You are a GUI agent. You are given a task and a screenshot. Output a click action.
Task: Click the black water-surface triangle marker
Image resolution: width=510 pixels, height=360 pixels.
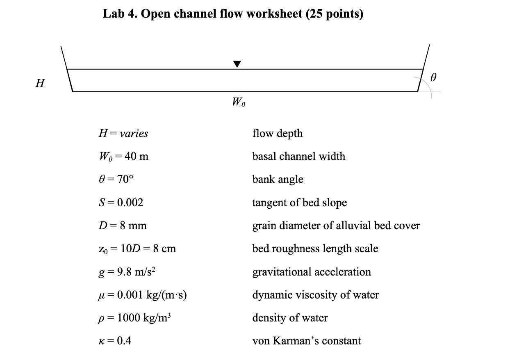point(237,64)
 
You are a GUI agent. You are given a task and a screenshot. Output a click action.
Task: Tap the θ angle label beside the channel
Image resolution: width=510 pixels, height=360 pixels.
point(434,77)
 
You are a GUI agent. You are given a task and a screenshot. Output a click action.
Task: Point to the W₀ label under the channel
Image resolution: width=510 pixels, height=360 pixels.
point(239,102)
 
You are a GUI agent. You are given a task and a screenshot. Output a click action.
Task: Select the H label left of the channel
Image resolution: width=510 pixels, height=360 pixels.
point(40,83)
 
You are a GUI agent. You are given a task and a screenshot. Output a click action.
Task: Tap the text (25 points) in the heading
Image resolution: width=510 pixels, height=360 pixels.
point(334,14)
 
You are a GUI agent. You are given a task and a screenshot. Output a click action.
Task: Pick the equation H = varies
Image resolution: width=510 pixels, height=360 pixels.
point(123,133)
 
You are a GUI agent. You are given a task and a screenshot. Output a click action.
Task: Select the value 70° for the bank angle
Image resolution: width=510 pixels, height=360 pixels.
point(125,180)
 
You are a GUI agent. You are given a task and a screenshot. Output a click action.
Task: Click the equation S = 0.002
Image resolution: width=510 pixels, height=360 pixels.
point(121,203)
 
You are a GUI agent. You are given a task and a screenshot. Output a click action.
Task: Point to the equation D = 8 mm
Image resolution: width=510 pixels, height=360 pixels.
point(122,226)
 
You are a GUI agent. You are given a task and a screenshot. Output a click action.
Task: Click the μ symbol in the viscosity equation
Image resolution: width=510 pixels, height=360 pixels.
point(102,296)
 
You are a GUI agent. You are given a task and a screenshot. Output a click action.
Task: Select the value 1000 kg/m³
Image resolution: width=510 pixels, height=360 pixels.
point(143,318)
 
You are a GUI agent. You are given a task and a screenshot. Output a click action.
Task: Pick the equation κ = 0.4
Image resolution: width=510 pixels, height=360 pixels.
point(115,341)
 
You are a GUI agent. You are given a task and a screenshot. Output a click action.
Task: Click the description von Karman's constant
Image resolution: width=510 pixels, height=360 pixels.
point(306,341)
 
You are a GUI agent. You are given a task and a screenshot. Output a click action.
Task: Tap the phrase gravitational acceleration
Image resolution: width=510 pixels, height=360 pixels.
point(312,272)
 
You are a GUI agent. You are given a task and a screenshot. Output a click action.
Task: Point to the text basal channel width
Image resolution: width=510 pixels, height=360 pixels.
point(298,156)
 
